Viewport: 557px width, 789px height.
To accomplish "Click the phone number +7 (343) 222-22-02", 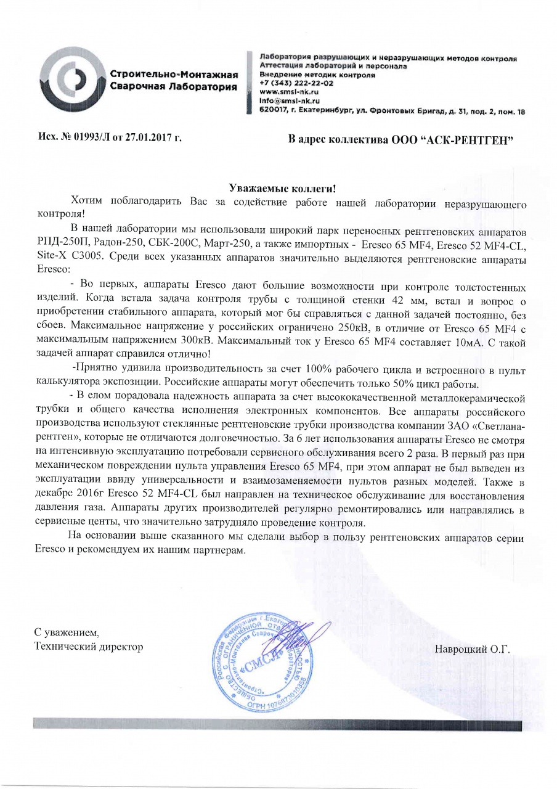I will tap(297, 82).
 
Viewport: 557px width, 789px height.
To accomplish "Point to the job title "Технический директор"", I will tap(88, 647).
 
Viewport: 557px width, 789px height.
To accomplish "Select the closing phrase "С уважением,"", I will tap(66, 633).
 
